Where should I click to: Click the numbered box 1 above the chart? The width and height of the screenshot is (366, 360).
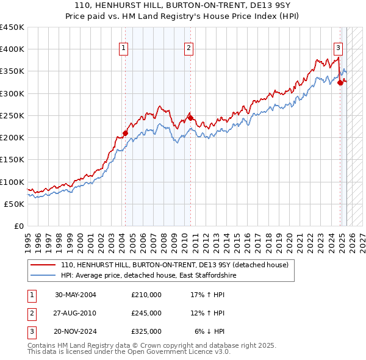(x=124, y=48)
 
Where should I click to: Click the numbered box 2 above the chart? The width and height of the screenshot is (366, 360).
(x=189, y=48)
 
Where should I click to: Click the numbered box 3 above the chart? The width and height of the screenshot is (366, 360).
(x=338, y=48)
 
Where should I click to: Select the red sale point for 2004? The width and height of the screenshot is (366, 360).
(x=125, y=133)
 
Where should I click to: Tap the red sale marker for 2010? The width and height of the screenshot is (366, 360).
(x=190, y=118)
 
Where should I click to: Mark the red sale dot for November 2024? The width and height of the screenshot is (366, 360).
(x=340, y=82)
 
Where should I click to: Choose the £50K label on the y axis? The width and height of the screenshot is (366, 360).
(x=15, y=204)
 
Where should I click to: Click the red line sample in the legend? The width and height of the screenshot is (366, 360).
(x=43, y=265)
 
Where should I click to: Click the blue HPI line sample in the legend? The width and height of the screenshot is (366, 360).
(x=43, y=276)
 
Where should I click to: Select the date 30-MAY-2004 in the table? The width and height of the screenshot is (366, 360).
(x=76, y=295)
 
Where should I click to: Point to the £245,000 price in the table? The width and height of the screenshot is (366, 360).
(x=146, y=313)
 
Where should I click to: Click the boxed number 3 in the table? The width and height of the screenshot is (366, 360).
(x=31, y=331)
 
